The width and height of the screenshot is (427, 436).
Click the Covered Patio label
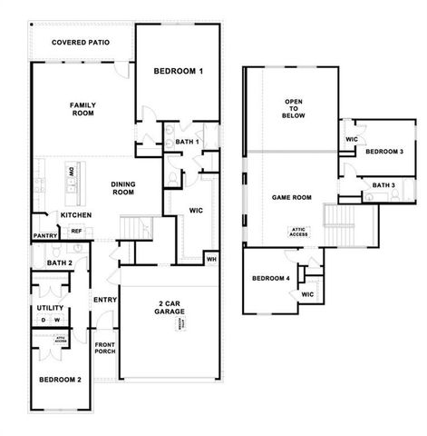82,42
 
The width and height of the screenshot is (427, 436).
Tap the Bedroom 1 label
178,71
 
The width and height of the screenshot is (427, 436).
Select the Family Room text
82,110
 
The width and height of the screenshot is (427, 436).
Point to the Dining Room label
123,188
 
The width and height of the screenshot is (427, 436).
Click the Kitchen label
76,215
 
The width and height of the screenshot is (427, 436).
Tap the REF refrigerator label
76,232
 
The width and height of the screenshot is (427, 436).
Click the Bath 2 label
47,263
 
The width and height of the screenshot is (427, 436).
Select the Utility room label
50,308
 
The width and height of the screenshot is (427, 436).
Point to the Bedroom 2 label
61,379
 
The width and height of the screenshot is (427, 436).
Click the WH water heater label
211,260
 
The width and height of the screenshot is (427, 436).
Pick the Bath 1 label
186,142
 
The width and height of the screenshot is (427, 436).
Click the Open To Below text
294,109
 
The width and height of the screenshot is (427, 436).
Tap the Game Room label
292,197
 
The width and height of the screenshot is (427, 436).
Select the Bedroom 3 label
384,152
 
